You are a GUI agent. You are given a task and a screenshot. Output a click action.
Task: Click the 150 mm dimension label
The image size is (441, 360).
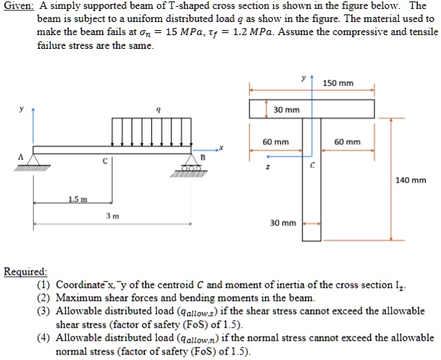[x=338, y=84]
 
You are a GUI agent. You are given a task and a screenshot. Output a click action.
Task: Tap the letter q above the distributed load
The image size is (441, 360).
[x=159, y=109]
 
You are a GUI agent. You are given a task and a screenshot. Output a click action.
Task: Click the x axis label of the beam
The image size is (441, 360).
[x=221, y=147]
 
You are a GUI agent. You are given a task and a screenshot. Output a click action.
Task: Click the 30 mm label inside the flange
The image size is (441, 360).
[x=286, y=109]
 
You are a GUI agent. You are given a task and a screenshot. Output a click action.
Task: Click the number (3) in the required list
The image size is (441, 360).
[x=44, y=311]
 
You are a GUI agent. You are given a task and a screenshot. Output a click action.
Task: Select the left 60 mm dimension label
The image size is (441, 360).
[x=275, y=142]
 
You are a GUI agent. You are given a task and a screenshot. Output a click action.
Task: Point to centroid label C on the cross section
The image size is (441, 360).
[x=312, y=166]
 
